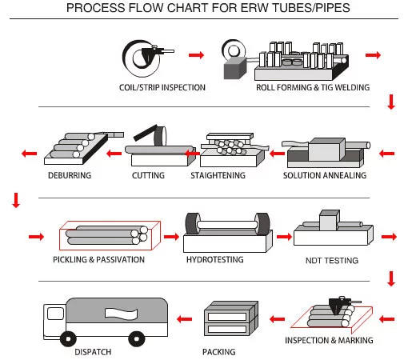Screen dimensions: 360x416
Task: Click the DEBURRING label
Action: [69, 174]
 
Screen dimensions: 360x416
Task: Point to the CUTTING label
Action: [147, 174]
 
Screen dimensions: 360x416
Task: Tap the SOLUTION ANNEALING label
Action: [325, 174]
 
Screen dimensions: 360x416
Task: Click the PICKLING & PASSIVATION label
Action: [98, 259]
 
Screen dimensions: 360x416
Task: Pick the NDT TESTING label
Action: [331, 260]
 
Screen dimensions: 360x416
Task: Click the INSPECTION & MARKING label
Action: [329, 340]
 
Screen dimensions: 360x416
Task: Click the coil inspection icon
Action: [146, 56]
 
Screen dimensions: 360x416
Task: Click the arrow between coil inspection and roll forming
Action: [195, 55]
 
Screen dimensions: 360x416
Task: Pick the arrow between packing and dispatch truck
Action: [185, 320]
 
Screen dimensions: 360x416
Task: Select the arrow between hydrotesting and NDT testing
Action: [283, 237]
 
